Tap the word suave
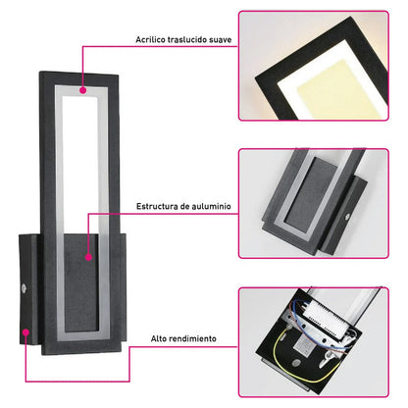click(x=221, y=40)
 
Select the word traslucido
click(x=187, y=39)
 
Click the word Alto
click(x=158, y=338)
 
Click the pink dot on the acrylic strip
click(x=83, y=90)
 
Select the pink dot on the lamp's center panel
click(x=88, y=257)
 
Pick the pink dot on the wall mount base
click(x=25, y=332)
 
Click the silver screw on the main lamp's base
click(x=24, y=288)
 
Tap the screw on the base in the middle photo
click(x=347, y=217)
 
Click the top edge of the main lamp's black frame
click(x=78, y=75)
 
